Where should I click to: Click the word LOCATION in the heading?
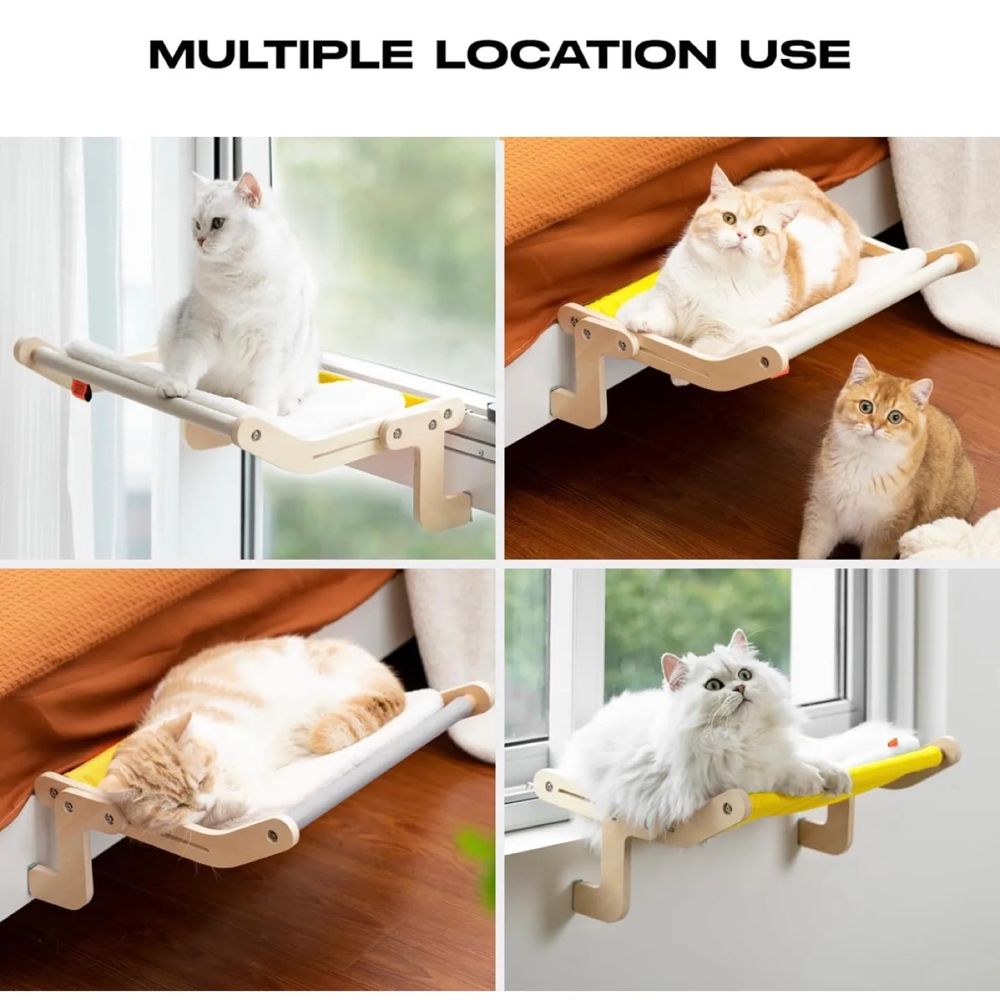coord(576,53)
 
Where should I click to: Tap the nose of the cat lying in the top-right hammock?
coord(742,240)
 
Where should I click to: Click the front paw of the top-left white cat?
coord(178,384)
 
